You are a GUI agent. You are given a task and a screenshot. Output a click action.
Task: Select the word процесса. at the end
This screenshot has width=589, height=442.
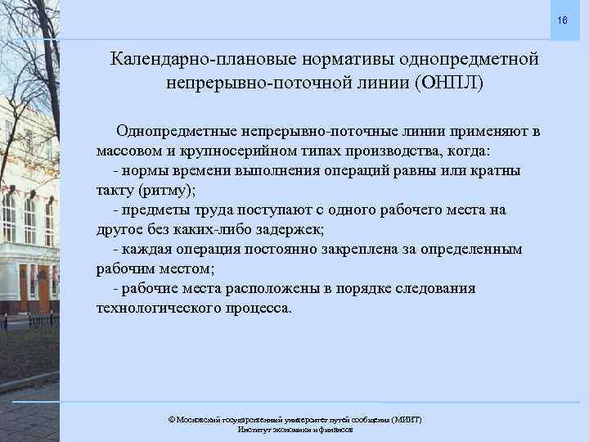[259, 309]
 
